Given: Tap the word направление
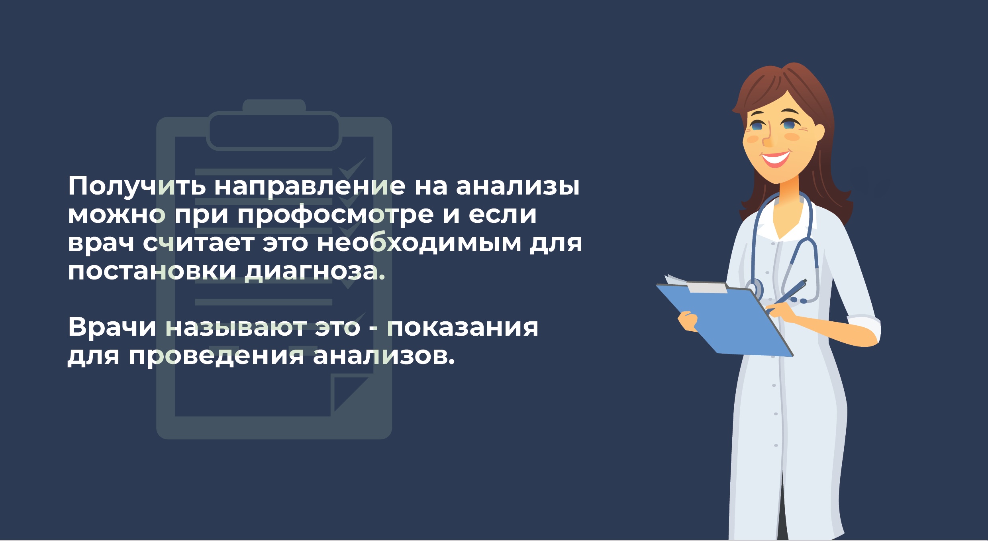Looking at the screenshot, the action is click(x=310, y=187).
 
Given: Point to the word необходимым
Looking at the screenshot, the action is click(x=419, y=243).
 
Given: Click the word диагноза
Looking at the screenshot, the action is click(x=315, y=271).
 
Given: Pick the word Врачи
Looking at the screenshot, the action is click(x=112, y=327).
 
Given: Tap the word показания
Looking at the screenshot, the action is click(x=463, y=328).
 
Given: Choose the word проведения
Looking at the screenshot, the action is click(x=216, y=356).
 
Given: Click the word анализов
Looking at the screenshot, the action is click(x=384, y=356).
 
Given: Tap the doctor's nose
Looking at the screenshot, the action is click(x=767, y=138).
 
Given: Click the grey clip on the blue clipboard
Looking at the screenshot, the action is click(x=707, y=287).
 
